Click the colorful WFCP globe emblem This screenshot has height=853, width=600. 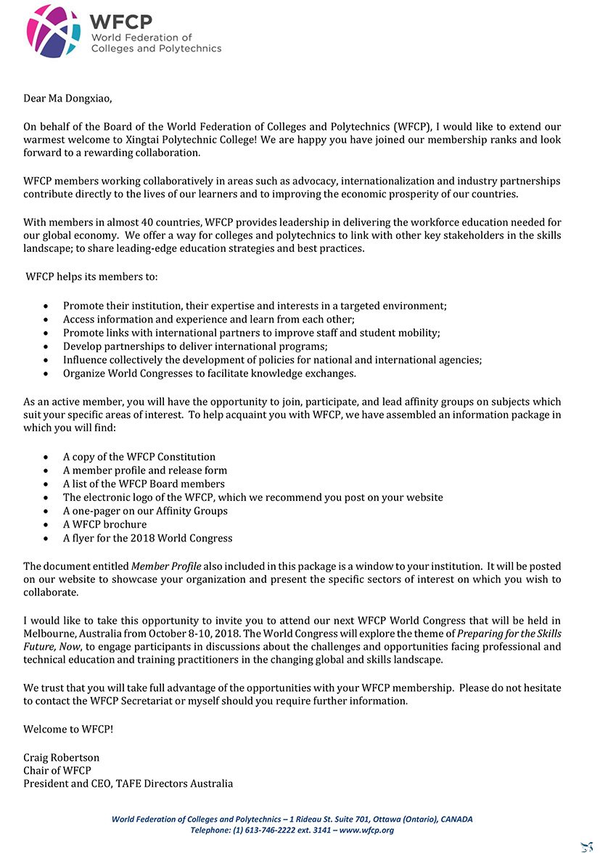53,30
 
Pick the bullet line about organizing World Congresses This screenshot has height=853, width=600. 209,374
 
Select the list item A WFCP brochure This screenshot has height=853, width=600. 104,524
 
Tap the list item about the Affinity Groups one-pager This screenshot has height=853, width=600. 145,511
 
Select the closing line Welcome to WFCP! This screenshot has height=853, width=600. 68,728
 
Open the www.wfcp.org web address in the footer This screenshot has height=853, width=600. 366,830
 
